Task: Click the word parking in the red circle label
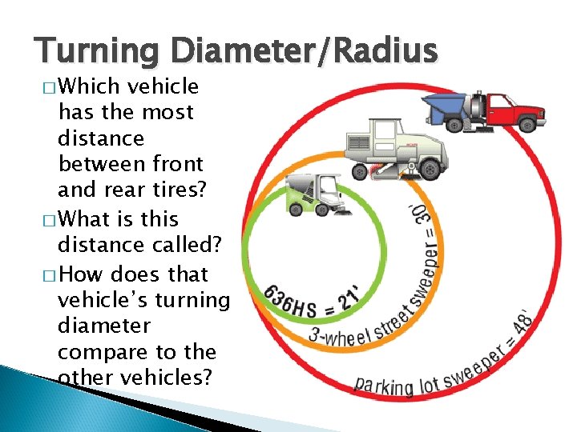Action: pos(384,386)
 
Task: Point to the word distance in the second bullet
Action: pos(91,246)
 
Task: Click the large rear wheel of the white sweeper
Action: pos(430,169)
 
